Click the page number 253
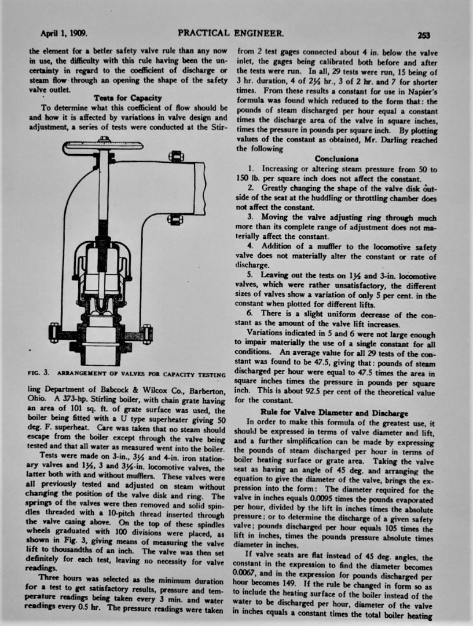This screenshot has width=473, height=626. pos(423,35)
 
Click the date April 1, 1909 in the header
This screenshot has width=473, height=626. pos(63,34)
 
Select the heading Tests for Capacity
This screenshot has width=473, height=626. pos(127,98)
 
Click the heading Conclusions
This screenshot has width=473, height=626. pos(336,158)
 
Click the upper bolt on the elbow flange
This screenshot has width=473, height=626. pos(175,156)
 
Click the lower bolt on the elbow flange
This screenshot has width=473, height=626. pos(175,219)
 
